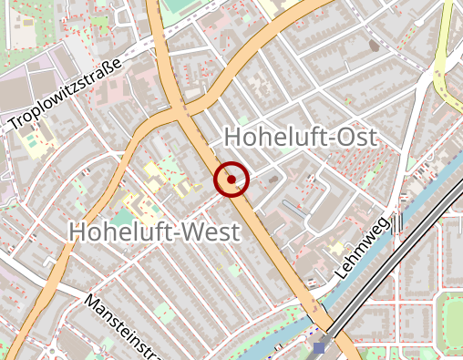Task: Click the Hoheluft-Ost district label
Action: [300, 138]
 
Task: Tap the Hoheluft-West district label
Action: [154, 231]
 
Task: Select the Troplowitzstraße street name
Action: [65, 95]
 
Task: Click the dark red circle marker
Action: [231, 180]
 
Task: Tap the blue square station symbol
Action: [318, 348]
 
